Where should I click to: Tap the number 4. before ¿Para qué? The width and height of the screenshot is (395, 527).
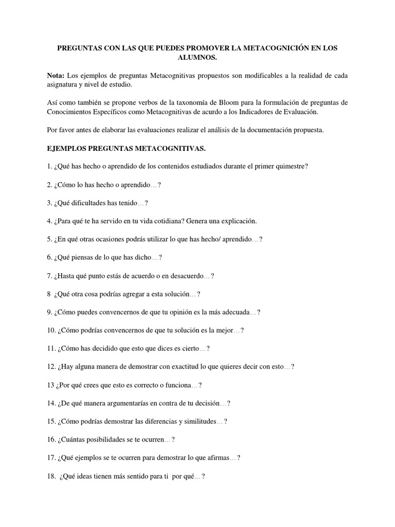pyautogui.click(x=49, y=221)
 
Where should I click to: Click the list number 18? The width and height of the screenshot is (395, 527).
pyautogui.click(x=51, y=476)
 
